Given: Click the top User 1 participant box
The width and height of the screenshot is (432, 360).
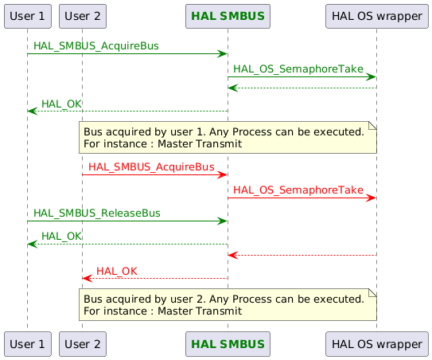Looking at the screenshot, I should tap(27, 15).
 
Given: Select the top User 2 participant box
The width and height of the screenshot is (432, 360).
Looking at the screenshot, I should tap(82, 15).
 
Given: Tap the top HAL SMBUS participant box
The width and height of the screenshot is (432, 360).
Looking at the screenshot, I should tap(228, 15).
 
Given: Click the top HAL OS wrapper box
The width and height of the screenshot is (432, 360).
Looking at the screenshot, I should tap(376, 15).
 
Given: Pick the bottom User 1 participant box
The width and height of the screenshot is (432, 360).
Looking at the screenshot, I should tap(27, 344).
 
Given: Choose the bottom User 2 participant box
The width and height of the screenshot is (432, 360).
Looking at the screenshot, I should tap(82, 344).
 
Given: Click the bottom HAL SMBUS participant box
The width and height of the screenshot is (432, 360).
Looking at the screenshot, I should tap(228, 344).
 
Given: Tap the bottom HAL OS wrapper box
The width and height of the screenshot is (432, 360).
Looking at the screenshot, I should tap(376, 344).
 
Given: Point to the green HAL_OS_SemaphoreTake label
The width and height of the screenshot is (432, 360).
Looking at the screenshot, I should tap(298, 70).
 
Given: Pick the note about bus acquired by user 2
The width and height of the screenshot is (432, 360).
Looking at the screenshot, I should tap(227, 304).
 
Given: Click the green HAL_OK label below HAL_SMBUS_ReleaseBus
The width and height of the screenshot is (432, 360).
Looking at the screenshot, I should tap(61, 236).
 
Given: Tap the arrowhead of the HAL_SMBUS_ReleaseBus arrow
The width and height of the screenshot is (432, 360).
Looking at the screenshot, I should tap(223, 221).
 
